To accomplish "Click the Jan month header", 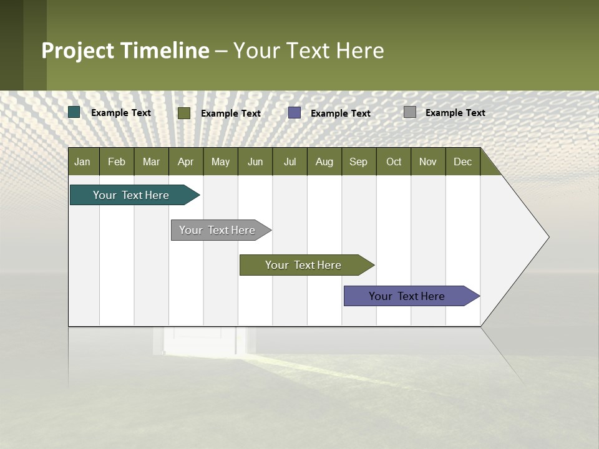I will click(x=82, y=162).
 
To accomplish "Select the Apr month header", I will click(x=185, y=162).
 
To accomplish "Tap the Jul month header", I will click(x=290, y=162).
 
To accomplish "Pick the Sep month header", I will click(x=358, y=162).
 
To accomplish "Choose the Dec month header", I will click(x=462, y=162).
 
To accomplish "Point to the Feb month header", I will click(x=117, y=162).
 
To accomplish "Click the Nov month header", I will click(x=427, y=162).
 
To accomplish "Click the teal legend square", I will click(x=74, y=112).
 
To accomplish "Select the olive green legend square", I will click(x=184, y=113).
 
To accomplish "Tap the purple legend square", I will click(x=295, y=113).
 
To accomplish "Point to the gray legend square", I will click(x=410, y=112).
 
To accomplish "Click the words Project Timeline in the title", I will click(x=125, y=51).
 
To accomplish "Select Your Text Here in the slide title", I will click(x=308, y=51).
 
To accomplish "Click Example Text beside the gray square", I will click(x=455, y=113).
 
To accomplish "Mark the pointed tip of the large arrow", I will click(x=548, y=237).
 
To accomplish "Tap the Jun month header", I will click(x=255, y=162).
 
